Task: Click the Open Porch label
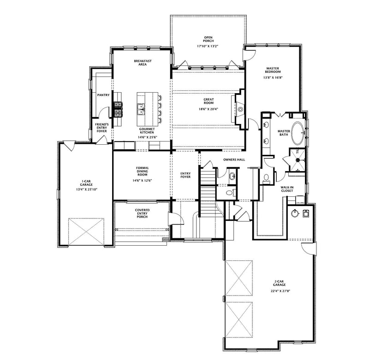(208, 38)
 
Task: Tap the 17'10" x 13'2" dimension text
(208, 46)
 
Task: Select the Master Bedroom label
(273, 70)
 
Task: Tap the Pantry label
(103, 95)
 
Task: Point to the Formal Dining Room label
(142, 171)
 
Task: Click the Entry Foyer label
(185, 176)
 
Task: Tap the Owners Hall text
(234, 159)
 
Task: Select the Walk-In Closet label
(287, 189)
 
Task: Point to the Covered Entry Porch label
(142, 213)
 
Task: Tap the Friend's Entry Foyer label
(101, 128)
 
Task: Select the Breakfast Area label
(143, 63)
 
